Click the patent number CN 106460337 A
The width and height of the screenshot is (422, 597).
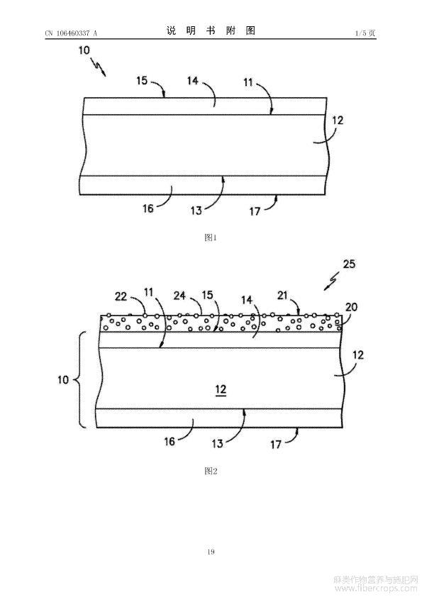click(71, 33)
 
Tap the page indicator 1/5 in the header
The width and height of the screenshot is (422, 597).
click(360, 33)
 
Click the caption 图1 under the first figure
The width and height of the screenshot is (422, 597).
click(211, 238)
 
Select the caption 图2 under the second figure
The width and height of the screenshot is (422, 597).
click(211, 471)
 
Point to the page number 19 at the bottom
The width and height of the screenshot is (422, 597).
click(211, 552)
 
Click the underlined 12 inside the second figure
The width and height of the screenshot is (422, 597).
click(221, 390)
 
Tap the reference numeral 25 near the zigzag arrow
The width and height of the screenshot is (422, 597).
click(349, 264)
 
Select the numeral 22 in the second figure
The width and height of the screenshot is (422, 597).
click(121, 296)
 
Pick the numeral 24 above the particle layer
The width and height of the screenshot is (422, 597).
click(179, 296)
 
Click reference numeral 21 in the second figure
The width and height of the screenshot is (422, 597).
click(282, 296)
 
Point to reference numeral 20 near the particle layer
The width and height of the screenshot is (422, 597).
click(351, 306)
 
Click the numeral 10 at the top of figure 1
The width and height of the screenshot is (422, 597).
click(84, 50)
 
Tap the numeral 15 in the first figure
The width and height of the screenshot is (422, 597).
click(142, 81)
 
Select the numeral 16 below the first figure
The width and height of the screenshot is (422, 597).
click(148, 208)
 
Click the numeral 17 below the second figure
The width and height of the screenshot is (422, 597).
click(276, 444)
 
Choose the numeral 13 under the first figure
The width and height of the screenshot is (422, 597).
click(196, 211)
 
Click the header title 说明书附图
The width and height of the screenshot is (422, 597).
click(211, 30)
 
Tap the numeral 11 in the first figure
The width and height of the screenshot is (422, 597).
click(248, 82)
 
